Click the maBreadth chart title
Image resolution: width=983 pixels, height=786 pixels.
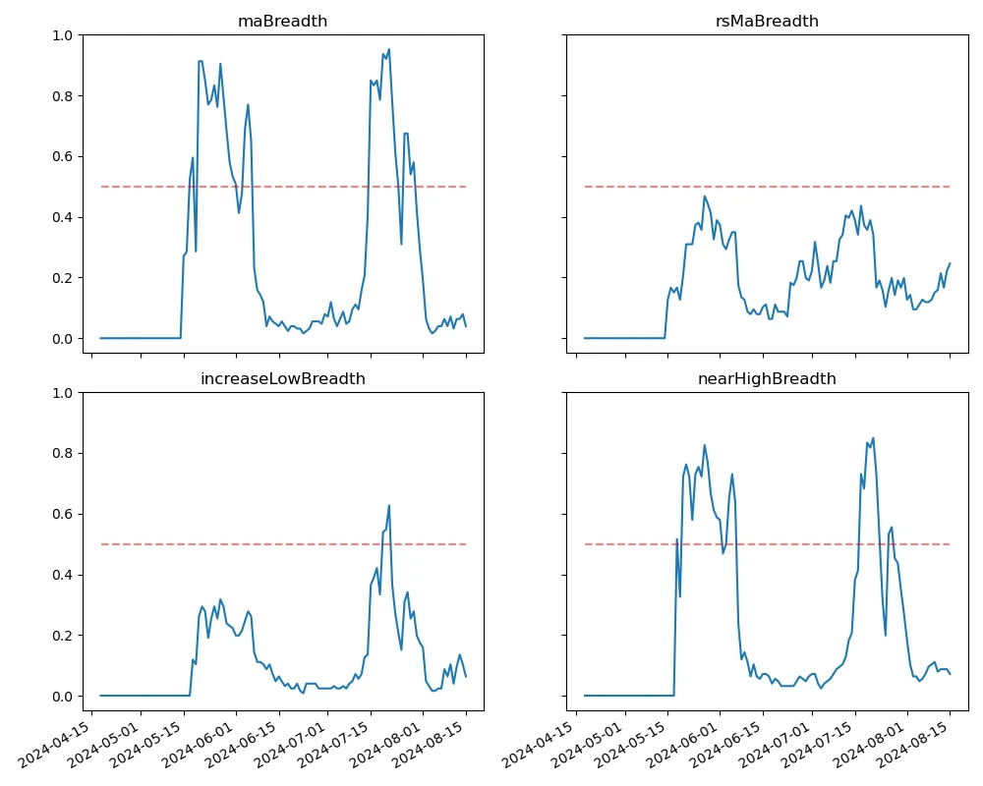(282, 21)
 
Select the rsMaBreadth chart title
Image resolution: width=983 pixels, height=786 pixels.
(767, 21)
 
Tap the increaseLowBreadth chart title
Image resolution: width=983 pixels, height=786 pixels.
(282, 378)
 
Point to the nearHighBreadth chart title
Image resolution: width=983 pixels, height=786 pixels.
(767, 378)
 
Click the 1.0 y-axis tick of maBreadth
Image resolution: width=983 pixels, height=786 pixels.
(63, 35)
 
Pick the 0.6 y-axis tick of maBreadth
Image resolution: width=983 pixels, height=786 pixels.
(63, 157)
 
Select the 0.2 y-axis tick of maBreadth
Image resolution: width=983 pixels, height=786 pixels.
(63, 278)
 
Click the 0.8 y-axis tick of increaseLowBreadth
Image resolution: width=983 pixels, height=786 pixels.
(63, 454)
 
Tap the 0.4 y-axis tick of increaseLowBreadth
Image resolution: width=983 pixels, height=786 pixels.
(63, 575)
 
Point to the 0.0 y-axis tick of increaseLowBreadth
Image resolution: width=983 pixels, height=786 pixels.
(63, 697)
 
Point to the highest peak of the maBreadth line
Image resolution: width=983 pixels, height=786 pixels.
(389, 49)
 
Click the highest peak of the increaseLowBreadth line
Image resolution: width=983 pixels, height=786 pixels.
(389, 506)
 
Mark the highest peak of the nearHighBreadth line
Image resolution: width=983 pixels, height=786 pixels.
(873, 438)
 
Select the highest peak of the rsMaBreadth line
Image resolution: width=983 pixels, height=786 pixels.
(705, 196)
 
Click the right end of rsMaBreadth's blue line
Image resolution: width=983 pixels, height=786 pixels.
(950, 263)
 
